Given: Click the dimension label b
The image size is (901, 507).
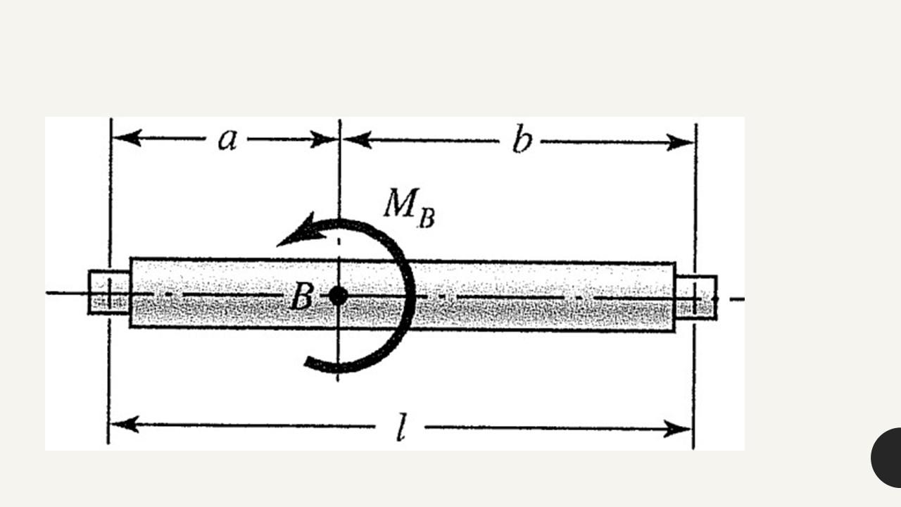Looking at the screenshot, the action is pos(522,141).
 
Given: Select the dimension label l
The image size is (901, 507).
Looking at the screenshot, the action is pos(401,428).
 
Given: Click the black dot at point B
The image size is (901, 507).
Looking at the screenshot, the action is pos(339,296).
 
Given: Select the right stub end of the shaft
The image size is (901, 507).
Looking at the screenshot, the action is pos(696,297).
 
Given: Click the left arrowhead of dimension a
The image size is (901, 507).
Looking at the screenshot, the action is pos(127,137).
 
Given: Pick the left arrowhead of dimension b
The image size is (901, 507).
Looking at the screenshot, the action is pos(357,139).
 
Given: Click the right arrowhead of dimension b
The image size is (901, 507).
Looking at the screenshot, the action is pos(681,143).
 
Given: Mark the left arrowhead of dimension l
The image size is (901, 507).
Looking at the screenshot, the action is pos(124,425).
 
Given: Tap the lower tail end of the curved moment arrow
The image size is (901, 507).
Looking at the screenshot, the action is pos(310,362).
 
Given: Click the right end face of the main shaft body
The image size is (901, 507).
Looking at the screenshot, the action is pos(675,296).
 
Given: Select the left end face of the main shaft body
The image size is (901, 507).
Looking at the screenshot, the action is pos(131,292).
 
